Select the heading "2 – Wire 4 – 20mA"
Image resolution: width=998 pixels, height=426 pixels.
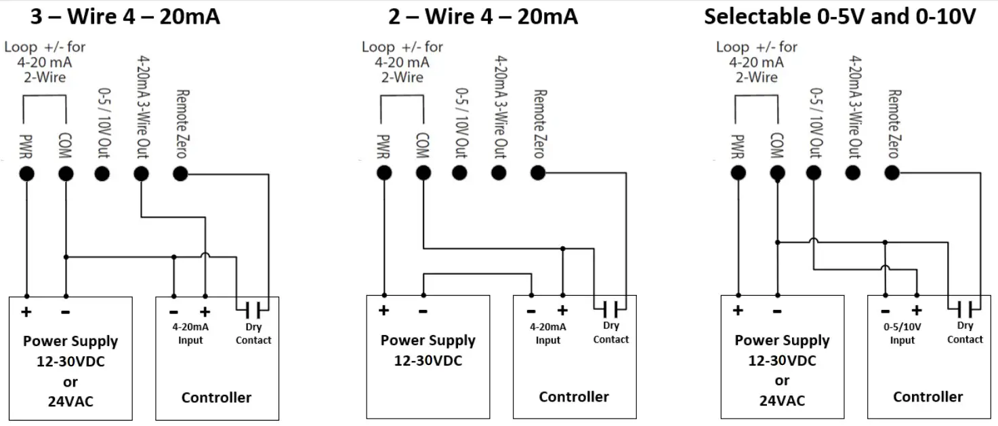(482, 16)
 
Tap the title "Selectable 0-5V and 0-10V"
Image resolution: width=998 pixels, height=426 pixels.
(839, 16)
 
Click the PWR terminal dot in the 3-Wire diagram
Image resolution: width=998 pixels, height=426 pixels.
(26, 174)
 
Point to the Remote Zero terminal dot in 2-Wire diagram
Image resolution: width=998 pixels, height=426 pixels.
(537, 173)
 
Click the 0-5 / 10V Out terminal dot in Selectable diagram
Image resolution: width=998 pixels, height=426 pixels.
(814, 173)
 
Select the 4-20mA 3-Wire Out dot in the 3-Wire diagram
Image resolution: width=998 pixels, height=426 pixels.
(141, 174)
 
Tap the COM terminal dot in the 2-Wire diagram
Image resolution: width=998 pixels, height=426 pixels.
(423, 173)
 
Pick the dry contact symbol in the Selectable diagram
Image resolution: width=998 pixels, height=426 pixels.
(965, 310)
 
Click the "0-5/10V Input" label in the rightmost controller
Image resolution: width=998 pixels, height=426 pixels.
(902, 334)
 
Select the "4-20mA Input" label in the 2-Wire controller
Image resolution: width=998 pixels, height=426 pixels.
(548, 334)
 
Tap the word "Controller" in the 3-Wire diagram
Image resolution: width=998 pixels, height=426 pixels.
(216, 398)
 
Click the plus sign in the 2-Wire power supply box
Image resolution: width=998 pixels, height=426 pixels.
(384, 311)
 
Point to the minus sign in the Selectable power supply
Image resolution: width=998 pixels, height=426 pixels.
(777, 311)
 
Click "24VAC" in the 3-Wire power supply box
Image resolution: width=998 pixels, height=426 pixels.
(70, 401)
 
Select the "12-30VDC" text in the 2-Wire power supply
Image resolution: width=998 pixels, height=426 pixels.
(428, 361)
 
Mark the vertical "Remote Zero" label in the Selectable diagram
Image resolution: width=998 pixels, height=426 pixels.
(894, 123)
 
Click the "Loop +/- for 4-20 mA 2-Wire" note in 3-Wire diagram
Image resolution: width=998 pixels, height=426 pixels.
(45, 62)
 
